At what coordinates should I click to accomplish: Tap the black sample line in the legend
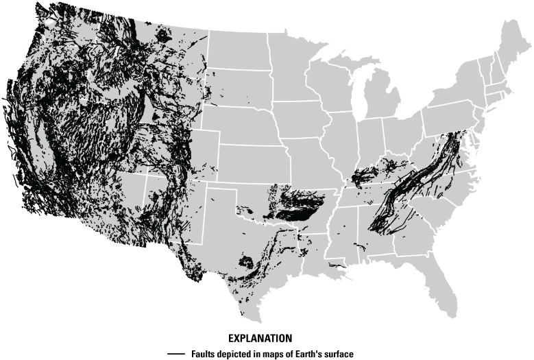(x=176, y=354)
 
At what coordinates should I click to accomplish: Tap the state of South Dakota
(x=237, y=90)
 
